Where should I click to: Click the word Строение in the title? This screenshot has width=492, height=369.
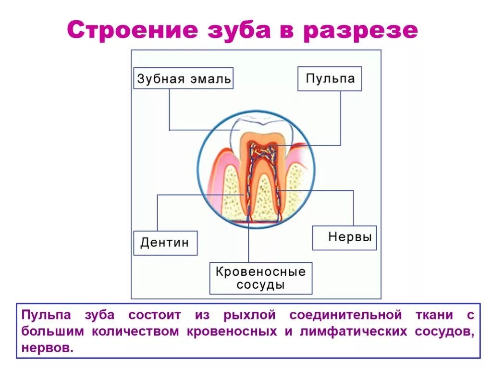pyautogui.click(x=132, y=30)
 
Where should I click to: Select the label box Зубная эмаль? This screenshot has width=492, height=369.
pyautogui.click(x=183, y=78)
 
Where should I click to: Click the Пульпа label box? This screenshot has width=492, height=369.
pyautogui.click(x=330, y=78)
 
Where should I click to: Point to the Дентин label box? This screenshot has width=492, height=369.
pyautogui.click(x=165, y=243)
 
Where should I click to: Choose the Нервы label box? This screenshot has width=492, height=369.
pyautogui.click(x=344, y=237)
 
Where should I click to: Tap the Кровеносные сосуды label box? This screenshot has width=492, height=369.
pyautogui.click(x=260, y=278)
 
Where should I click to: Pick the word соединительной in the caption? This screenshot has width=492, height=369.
pyautogui.click(x=345, y=315)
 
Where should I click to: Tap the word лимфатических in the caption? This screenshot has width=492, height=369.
pyautogui.click(x=353, y=332)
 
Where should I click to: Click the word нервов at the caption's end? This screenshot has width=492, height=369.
pyautogui.click(x=48, y=348)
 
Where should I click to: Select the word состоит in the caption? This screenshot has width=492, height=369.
pyautogui.click(x=155, y=315)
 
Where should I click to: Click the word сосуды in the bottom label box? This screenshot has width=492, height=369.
pyautogui.click(x=260, y=284)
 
